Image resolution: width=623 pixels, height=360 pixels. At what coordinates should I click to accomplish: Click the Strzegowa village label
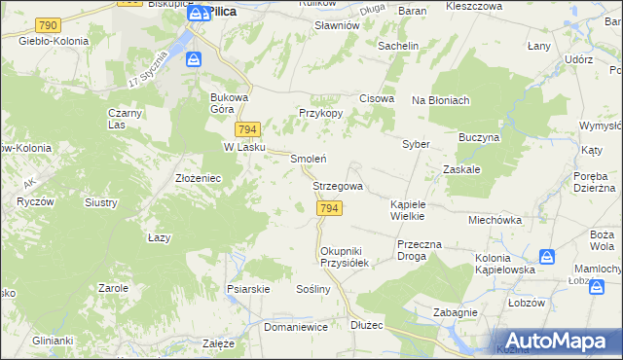[338, 186]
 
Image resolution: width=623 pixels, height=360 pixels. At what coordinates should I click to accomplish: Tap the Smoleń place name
[309, 159]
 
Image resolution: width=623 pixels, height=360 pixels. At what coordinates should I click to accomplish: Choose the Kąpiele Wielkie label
[416, 210]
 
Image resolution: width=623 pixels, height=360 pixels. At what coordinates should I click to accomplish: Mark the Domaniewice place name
[296, 328]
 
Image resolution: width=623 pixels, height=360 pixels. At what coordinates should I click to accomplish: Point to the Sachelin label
[398, 46]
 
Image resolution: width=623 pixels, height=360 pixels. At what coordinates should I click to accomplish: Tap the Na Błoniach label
[441, 100]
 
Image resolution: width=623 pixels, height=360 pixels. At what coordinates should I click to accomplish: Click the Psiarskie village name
[247, 289]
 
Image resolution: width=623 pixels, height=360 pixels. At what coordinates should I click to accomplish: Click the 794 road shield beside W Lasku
[247, 130]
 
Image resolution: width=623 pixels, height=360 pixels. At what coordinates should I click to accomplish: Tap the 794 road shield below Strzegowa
[329, 209]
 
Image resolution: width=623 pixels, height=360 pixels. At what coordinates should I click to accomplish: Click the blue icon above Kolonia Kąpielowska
[548, 256]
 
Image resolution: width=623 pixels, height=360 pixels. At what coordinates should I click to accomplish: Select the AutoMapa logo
[556, 339]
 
